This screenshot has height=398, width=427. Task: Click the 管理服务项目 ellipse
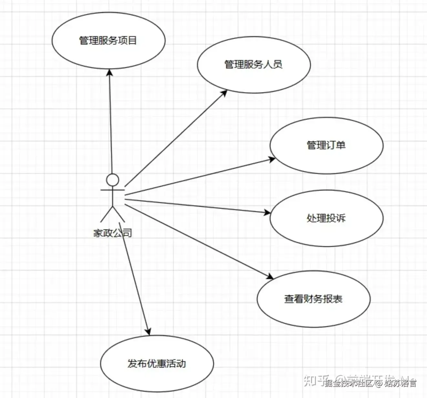[109, 40]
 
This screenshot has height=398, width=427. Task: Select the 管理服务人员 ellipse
[254, 65]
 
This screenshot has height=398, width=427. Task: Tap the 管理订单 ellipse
[326, 145]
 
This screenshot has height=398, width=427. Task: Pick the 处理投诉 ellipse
[326, 218]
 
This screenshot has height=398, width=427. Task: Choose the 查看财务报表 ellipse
[313, 299]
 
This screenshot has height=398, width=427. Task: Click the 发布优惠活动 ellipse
[157, 363]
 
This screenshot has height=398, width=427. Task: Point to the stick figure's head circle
[113, 180]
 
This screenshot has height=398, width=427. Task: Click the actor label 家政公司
[113, 233]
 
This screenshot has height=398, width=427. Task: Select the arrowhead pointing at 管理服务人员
[224, 93]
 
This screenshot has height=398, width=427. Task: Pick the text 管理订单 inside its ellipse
[326, 145]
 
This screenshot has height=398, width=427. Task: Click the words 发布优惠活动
[157, 364]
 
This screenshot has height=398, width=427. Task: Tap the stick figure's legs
[112, 214]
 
